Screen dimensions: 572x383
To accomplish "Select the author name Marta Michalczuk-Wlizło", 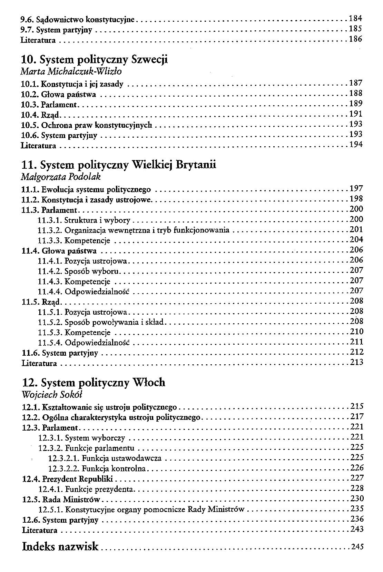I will coord(71,71).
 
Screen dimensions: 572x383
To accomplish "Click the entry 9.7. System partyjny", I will coord(57,30).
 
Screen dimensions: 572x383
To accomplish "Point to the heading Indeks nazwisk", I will coord(60,546).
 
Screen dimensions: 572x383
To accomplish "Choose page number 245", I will coord(357,546).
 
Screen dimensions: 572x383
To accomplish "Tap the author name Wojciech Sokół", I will coord(52,395).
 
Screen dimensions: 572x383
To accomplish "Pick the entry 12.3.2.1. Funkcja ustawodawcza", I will coord(105,458).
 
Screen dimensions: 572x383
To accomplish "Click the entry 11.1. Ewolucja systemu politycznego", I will coord(86,189).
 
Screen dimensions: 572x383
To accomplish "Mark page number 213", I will coord(356,362).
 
